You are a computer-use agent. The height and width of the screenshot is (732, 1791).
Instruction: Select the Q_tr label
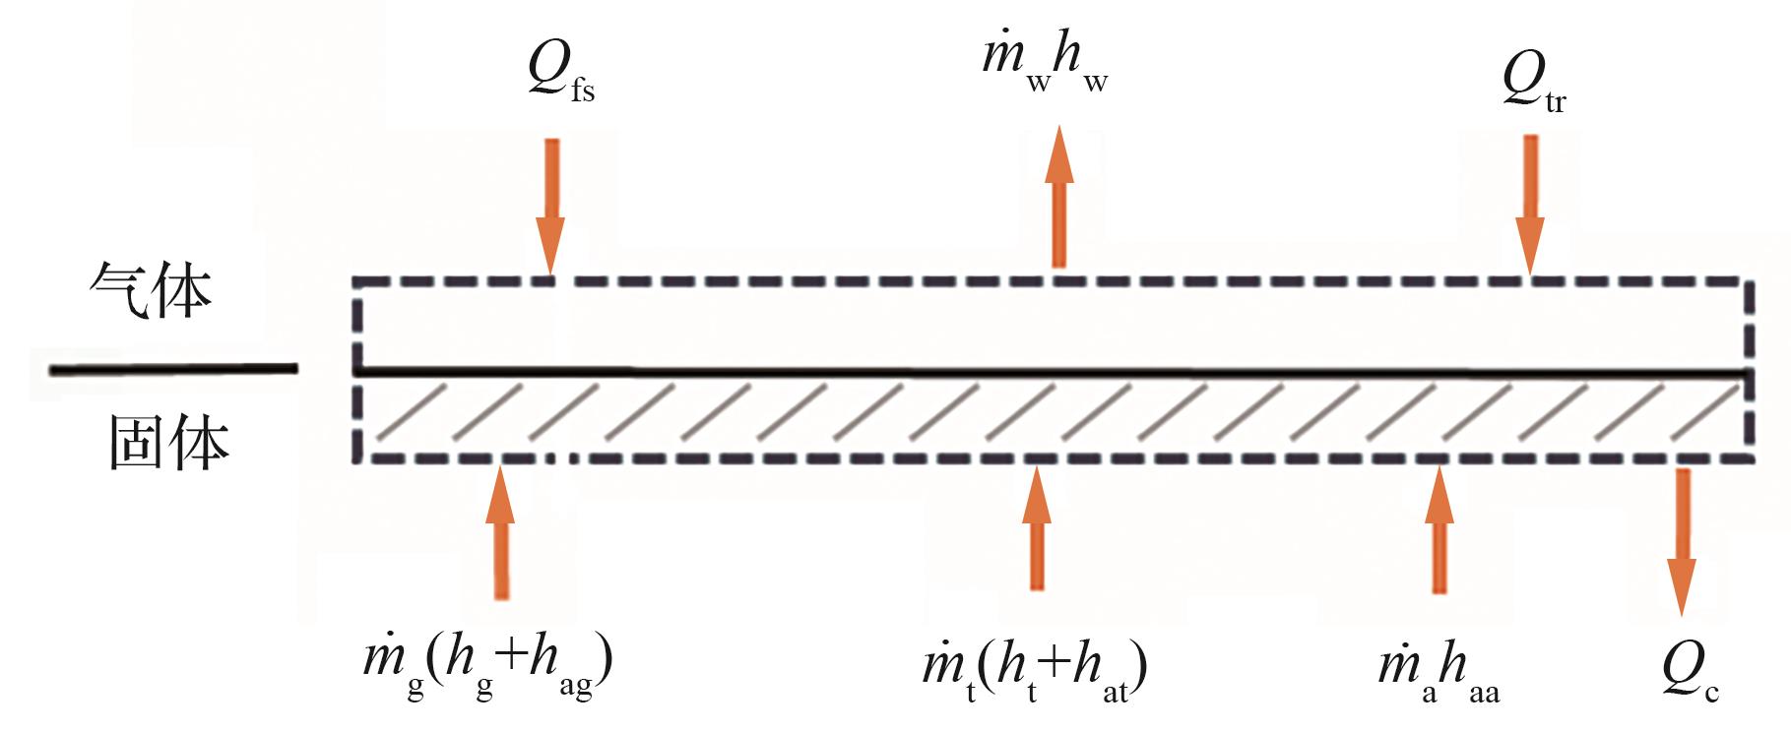1533,83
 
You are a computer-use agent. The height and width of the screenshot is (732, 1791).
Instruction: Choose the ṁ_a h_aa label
1439,673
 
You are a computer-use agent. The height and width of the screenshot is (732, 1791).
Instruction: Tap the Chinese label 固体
167,442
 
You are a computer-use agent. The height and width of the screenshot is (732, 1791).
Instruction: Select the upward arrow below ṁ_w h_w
1059,197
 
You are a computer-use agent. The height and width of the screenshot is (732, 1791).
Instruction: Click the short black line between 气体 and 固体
173,369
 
